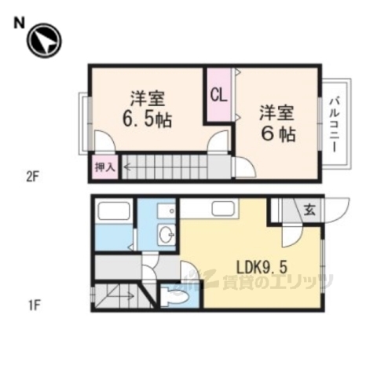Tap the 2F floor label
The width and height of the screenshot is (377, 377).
point(31,178)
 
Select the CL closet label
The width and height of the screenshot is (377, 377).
point(218,96)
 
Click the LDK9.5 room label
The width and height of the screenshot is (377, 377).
point(251,265)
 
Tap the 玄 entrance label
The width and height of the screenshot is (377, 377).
point(309,210)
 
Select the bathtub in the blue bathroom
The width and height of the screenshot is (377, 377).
point(115,213)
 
